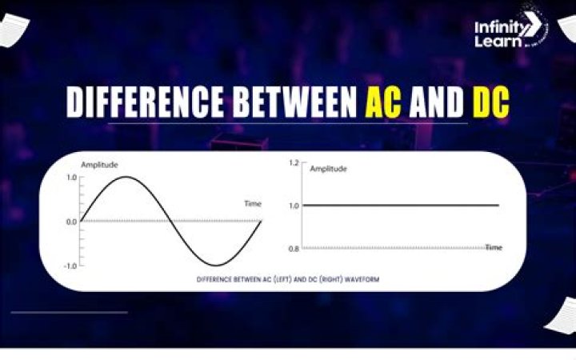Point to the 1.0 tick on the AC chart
click(71, 177)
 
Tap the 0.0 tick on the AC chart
click(71, 222)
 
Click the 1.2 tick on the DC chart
click(293, 162)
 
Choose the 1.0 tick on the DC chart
click(293, 206)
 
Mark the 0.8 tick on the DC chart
click(293, 249)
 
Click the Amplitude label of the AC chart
click(99, 165)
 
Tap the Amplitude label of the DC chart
click(328, 169)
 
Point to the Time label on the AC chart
click(252, 204)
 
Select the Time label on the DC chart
click(494, 248)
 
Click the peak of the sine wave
click(126, 177)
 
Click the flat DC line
click(400, 206)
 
